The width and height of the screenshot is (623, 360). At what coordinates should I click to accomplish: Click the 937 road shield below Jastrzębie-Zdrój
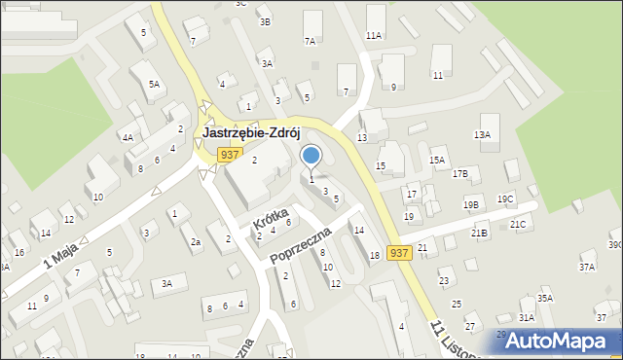[x=229, y=155]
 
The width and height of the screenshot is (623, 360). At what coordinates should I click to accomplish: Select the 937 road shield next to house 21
[x=398, y=252]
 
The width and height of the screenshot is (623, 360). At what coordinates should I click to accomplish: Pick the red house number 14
[x=359, y=231]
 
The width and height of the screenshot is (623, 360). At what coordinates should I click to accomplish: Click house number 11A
[x=374, y=35]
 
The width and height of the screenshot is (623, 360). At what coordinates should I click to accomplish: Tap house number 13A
[x=482, y=134]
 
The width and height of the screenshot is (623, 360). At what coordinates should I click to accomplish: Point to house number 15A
[x=437, y=160]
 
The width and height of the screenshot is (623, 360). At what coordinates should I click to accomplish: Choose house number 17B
[x=460, y=173]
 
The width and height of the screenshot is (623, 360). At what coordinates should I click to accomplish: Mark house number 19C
[x=505, y=198]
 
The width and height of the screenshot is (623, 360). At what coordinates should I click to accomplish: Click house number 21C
[x=518, y=225]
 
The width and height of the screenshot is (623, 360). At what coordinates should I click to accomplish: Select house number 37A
[x=586, y=267]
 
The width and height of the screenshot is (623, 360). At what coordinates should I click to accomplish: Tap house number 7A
[x=311, y=42]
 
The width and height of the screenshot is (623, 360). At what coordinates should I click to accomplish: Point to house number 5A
[x=154, y=85]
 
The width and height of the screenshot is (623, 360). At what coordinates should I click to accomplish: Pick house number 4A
[x=128, y=138]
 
